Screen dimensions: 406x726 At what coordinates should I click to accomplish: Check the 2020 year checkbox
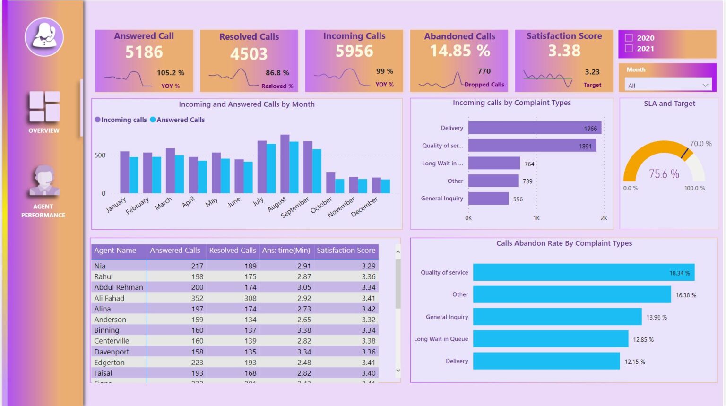point(629,38)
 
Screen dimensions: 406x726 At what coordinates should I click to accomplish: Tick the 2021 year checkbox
point(629,48)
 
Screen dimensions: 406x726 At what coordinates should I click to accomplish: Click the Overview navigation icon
point(44,107)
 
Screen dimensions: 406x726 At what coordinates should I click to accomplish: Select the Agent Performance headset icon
point(44,181)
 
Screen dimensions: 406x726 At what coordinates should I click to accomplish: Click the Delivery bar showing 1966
point(534,128)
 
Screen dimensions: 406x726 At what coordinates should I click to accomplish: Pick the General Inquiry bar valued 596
point(488,199)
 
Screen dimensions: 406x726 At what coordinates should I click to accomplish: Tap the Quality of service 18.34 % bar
point(583,272)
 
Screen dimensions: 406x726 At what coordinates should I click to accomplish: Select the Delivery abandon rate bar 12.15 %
point(546,361)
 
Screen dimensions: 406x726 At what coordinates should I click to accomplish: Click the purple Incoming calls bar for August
point(285,164)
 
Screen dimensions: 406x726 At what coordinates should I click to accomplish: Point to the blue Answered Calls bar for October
point(339,186)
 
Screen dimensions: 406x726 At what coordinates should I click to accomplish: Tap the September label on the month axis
point(295,207)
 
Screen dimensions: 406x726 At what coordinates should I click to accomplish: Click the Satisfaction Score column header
point(346,251)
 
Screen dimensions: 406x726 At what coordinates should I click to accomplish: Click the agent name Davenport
point(112,352)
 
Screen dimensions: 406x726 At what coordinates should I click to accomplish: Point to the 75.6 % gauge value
point(664,174)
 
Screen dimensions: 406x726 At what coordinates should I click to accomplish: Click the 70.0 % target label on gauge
point(700,144)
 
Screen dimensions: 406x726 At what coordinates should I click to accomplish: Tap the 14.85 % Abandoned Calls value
point(459,51)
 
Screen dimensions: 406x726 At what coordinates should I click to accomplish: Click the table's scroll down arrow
point(398,371)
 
